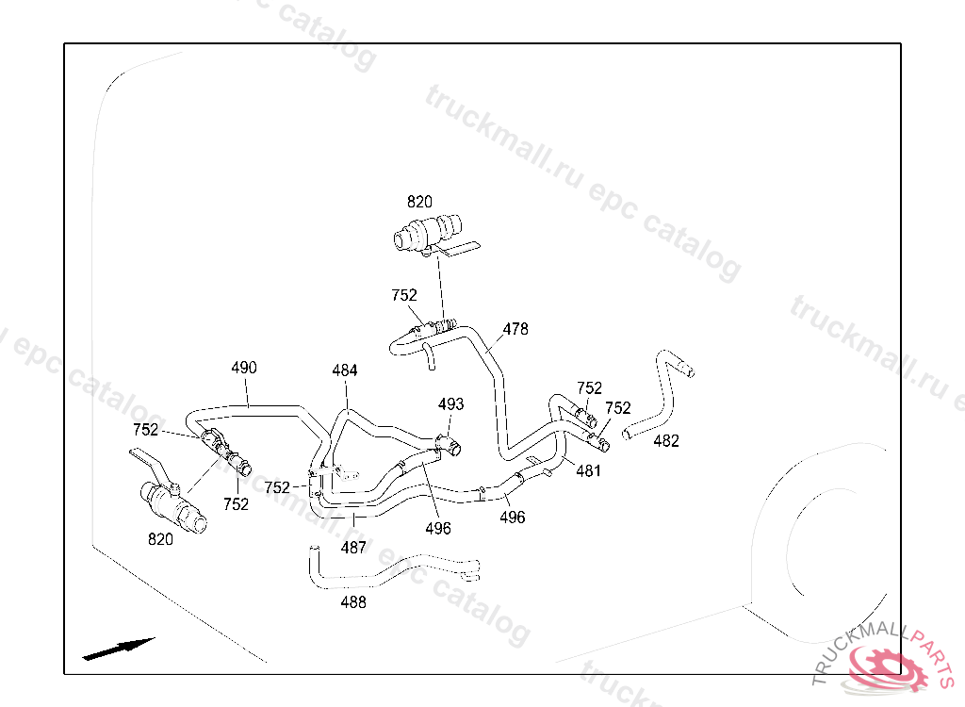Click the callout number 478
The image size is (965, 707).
(x=515, y=329)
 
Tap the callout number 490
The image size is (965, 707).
(x=244, y=368)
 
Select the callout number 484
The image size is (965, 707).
(x=345, y=370)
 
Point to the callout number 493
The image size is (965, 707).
(x=450, y=404)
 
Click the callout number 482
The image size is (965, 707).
(x=666, y=441)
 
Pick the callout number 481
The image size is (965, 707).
(x=588, y=471)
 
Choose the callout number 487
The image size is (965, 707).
(x=353, y=548)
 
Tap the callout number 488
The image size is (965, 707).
(x=353, y=602)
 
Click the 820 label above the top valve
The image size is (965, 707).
(x=419, y=202)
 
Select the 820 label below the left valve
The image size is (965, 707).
(x=160, y=539)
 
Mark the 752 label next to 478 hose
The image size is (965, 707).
(x=404, y=296)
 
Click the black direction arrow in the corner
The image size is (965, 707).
(x=118, y=649)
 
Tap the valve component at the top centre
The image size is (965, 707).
(x=433, y=235)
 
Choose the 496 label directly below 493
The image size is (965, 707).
(x=438, y=529)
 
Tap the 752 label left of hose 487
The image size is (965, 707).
(x=277, y=487)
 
